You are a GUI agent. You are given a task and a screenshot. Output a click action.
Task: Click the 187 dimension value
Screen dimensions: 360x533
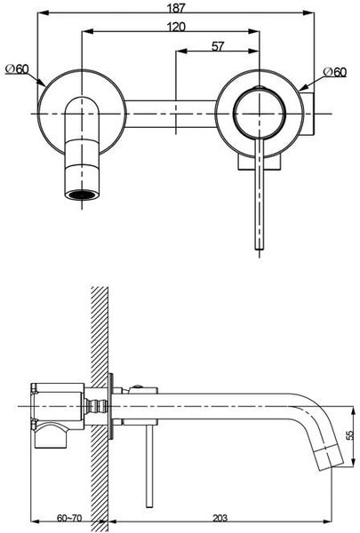(x=176, y=7)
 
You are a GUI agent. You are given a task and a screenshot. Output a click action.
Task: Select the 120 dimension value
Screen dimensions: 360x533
(x=176, y=27)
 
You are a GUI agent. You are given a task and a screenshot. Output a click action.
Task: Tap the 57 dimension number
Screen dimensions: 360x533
(x=218, y=46)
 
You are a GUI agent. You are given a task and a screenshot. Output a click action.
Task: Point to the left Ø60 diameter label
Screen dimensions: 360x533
(x=18, y=69)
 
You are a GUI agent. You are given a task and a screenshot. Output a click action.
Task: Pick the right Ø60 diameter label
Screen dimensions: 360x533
(x=335, y=72)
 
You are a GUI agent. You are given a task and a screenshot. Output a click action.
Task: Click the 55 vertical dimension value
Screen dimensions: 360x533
(x=350, y=435)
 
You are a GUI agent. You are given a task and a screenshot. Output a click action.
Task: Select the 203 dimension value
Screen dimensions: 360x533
(x=220, y=518)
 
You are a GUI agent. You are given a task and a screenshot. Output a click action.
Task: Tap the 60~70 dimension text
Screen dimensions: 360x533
(x=69, y=518)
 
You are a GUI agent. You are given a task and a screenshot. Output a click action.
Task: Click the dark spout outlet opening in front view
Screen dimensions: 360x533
(x=82, y=195)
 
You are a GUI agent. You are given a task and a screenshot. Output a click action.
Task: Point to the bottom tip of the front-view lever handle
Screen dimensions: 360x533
(x=260, y=250)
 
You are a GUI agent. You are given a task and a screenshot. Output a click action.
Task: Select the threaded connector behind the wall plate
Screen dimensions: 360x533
(x=96, y=406)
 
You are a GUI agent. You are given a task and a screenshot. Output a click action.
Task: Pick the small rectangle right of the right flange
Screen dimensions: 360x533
(x=308, y=114)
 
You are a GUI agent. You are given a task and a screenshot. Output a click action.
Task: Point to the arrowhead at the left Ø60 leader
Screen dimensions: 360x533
(x=42, y=83)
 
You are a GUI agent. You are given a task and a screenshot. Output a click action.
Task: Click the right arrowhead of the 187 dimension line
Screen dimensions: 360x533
(x=308, y=13)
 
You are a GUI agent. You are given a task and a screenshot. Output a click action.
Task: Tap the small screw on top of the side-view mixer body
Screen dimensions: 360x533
(x=137, y=386)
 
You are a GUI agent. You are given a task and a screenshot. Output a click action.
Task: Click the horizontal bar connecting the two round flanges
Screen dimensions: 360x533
(x=172, y=114)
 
